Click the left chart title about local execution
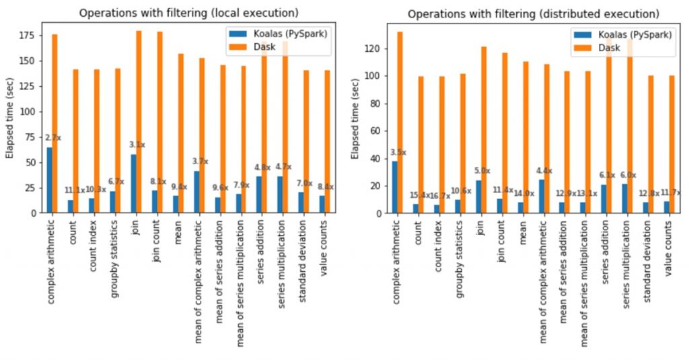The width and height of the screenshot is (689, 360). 189,13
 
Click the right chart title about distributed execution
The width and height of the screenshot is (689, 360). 532,13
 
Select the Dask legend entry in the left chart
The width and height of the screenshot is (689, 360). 302,45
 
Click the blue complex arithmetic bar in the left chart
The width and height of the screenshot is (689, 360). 50,180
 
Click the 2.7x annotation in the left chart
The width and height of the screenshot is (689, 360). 54,138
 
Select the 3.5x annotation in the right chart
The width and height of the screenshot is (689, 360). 399,153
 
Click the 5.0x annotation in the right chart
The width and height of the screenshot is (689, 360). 482,171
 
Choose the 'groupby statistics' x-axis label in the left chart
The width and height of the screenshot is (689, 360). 115,256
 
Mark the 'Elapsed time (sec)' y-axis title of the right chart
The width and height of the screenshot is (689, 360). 356,118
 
